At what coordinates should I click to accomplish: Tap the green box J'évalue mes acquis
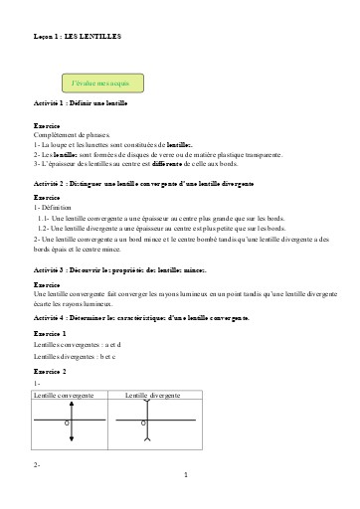tap(103, 81)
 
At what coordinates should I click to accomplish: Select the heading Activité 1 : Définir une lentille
tap(86, 103)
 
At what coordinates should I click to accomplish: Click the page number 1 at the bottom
tap(185, 475)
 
